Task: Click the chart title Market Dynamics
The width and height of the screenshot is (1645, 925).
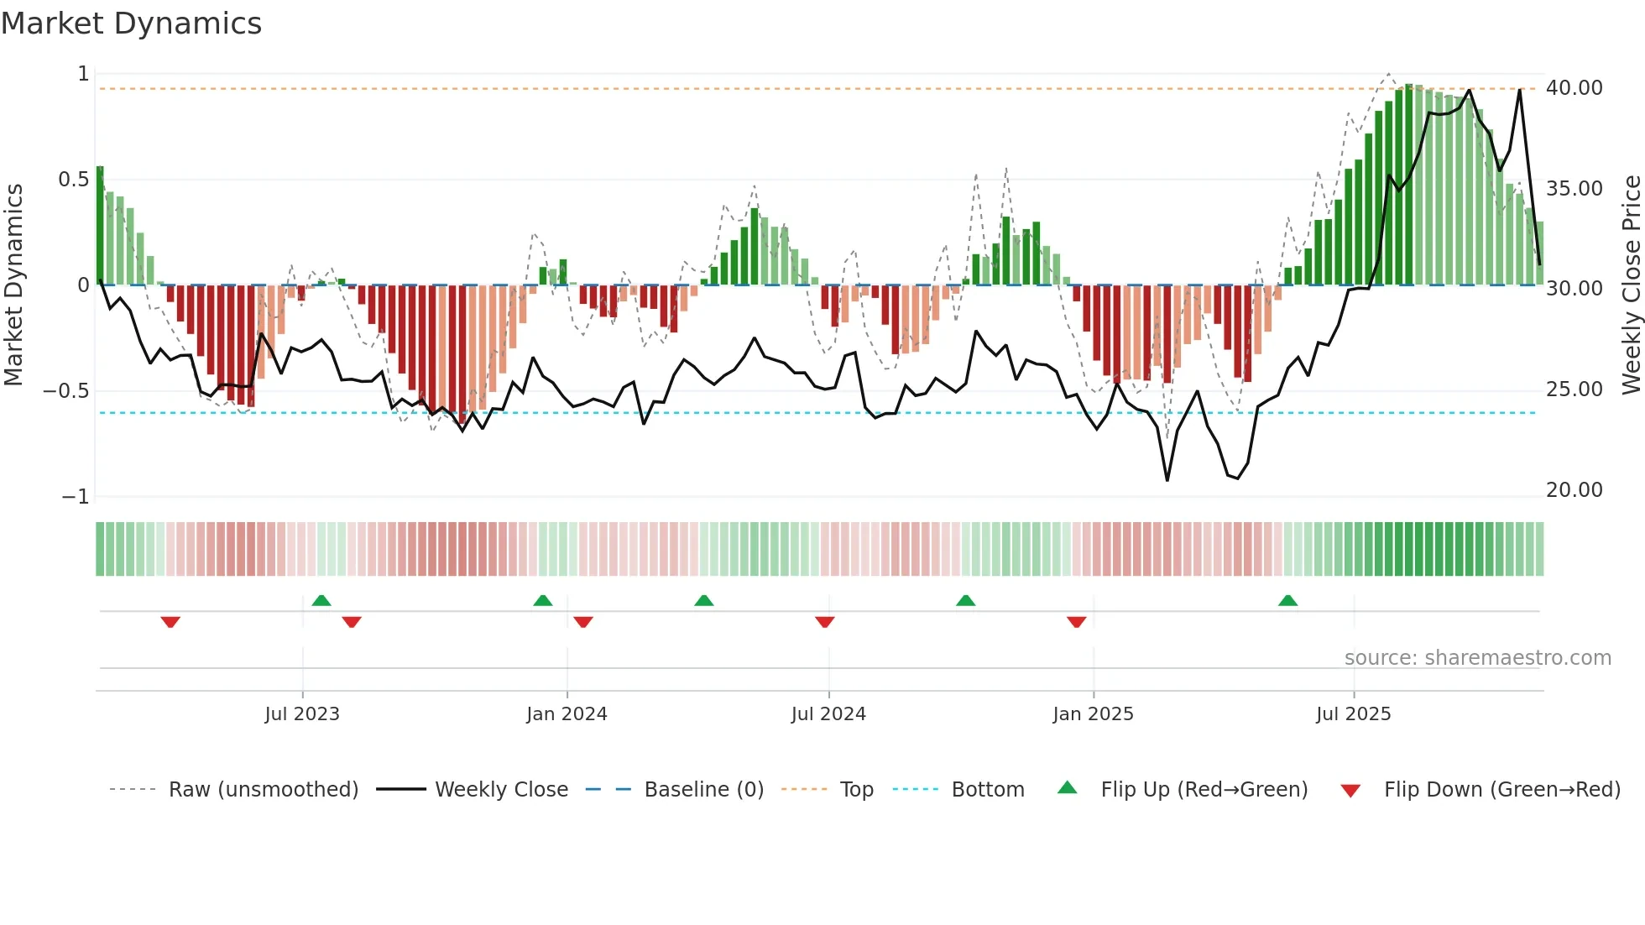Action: tap(132, 24)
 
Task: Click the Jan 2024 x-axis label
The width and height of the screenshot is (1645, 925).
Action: tap(567, 714)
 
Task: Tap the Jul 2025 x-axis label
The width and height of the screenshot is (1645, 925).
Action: tap(1353, 714)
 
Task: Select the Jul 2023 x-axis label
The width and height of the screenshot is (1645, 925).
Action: tap(302, 714)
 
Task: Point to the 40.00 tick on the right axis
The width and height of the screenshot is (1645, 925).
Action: tap(1574, 88)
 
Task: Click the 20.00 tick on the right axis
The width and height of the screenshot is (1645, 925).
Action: tap(1574, 490)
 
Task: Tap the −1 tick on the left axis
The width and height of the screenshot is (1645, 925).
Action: tap(75, 497)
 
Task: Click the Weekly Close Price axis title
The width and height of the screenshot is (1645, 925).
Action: tap(1631, 285)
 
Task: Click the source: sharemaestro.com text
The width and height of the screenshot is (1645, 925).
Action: tap(1477, 658)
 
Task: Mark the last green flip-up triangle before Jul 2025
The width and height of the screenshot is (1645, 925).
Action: tap(1287, 601)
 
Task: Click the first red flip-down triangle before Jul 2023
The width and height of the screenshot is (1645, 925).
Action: tap(170, 622)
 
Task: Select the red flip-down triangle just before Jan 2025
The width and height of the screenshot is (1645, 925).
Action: tap(1076, 622)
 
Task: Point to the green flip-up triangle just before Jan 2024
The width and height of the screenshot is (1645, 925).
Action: tap(543, 601)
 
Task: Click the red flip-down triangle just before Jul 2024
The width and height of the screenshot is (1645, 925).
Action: tap(824, 622)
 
